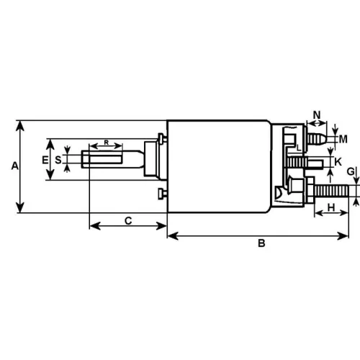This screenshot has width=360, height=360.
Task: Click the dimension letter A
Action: click(14, 166)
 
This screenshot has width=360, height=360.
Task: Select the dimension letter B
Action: click(262, 244)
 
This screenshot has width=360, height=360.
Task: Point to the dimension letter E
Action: click(45, 159)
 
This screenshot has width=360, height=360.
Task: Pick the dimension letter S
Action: click(58, 159)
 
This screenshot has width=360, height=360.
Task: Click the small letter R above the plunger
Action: click(107, 143)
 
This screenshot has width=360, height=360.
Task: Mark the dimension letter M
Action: click(343, 138)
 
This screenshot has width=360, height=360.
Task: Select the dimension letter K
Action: click(338, 162)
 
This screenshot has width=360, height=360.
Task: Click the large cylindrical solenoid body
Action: click(216, 166)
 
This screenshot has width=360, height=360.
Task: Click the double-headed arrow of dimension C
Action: click(127, 228)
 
